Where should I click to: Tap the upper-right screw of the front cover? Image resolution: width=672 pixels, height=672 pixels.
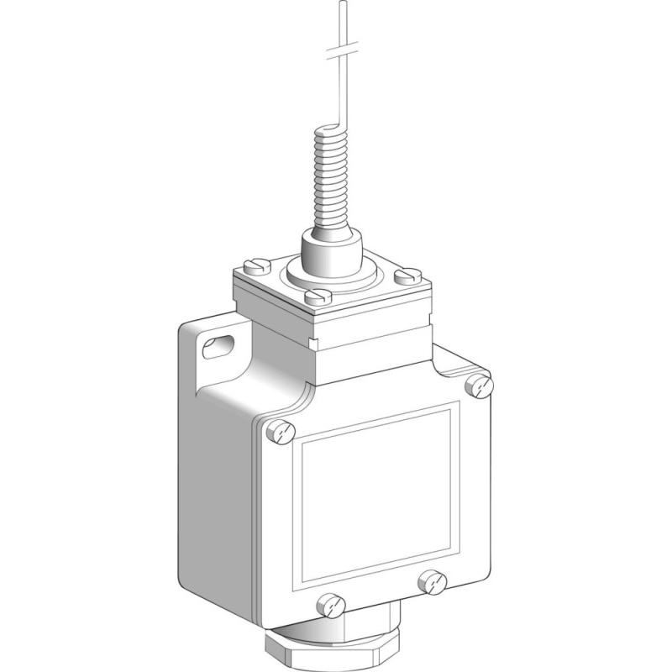pos(480,386)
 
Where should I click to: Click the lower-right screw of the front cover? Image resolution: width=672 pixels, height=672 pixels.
pos(434,579)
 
